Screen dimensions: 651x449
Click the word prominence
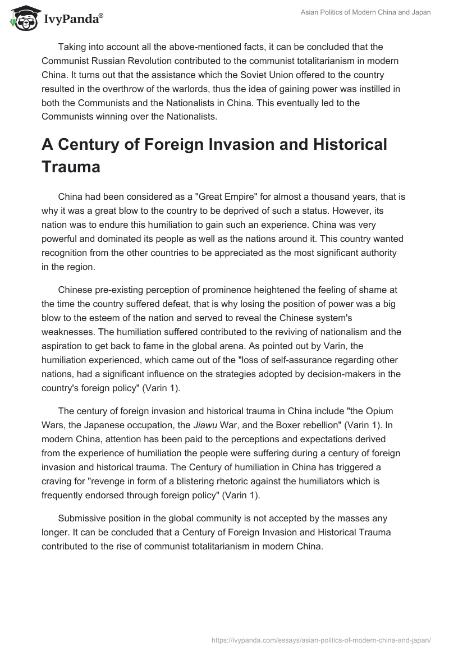(229, 290)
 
